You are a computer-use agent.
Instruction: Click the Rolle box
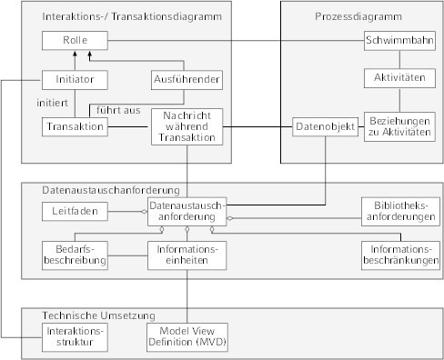coord(75,42)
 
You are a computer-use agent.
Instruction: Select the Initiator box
coord(75,79)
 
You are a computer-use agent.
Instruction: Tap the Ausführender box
coord(187,79)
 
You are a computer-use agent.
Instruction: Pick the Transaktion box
coord(75,126)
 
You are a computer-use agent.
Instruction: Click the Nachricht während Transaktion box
coord(187,127)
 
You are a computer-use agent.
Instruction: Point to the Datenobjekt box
coord(318,127)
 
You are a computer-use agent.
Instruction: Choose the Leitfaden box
coord(75,211)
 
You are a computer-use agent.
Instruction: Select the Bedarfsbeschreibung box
coord(75,254)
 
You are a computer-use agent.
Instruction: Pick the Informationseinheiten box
coord(187,254)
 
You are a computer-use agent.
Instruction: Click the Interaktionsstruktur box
coord(75,337)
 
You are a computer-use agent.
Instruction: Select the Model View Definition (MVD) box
coord(187,337)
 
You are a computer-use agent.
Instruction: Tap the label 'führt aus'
coord(118,110)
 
